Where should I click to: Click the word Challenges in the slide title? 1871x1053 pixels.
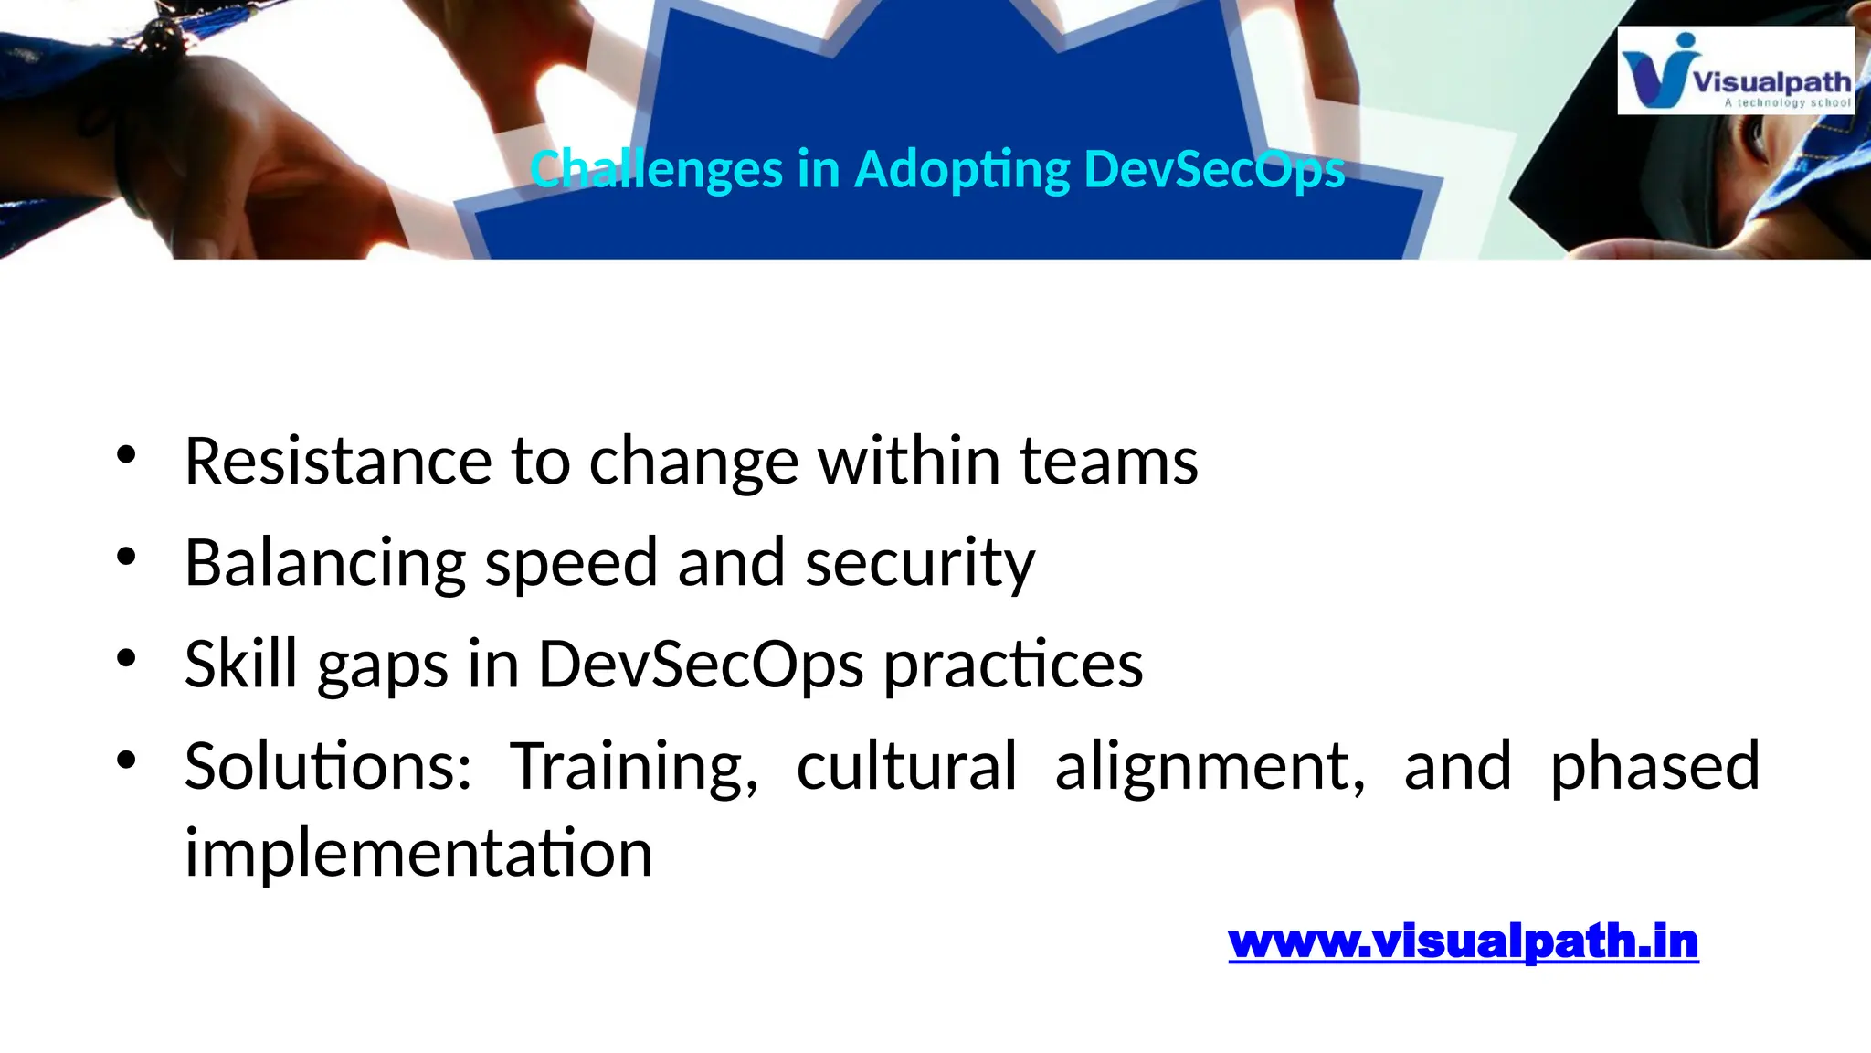point(656,170)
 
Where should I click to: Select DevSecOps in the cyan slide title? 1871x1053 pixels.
point(1214,170)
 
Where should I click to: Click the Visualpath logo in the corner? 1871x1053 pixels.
point(1735,70)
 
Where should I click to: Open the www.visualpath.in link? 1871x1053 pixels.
point(1463,941)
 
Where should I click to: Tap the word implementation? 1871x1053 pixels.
point(418,853)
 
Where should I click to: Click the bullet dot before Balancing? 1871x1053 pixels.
point(126,556)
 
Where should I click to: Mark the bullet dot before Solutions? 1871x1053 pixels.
point(126,759)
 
